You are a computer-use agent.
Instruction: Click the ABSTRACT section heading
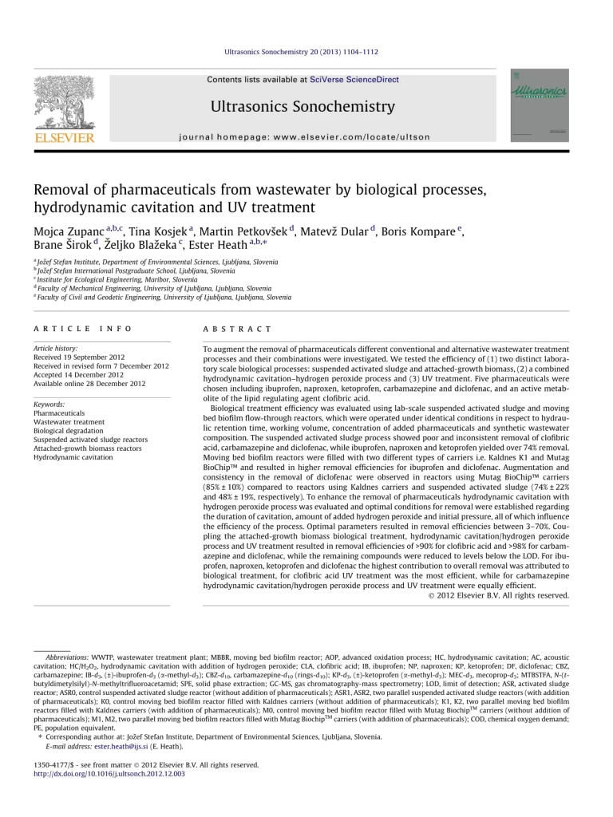pyautogui.click(x=239, y=329)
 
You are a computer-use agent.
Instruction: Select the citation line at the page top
pyautogui.click(x=306, y=52)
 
